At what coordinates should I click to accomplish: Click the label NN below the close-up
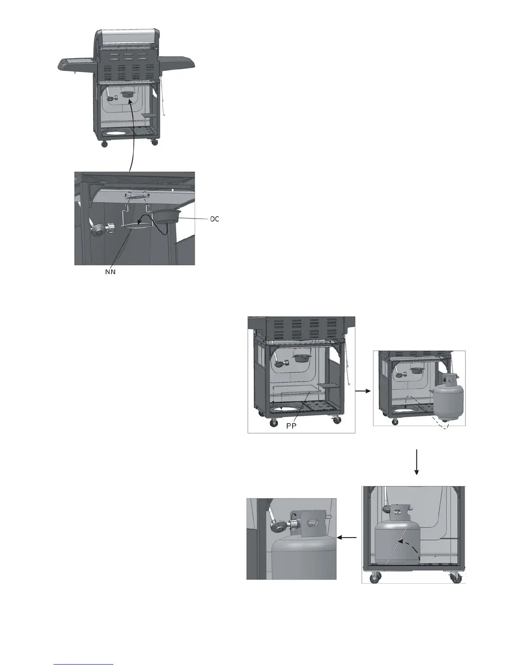(110, 272)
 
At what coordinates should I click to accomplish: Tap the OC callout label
(215, 219)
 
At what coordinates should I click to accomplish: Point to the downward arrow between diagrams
(417, 462)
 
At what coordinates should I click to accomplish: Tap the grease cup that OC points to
(167, 217)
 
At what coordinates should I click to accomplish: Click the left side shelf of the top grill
(76, 64)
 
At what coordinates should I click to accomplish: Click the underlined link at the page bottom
(84, 665)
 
